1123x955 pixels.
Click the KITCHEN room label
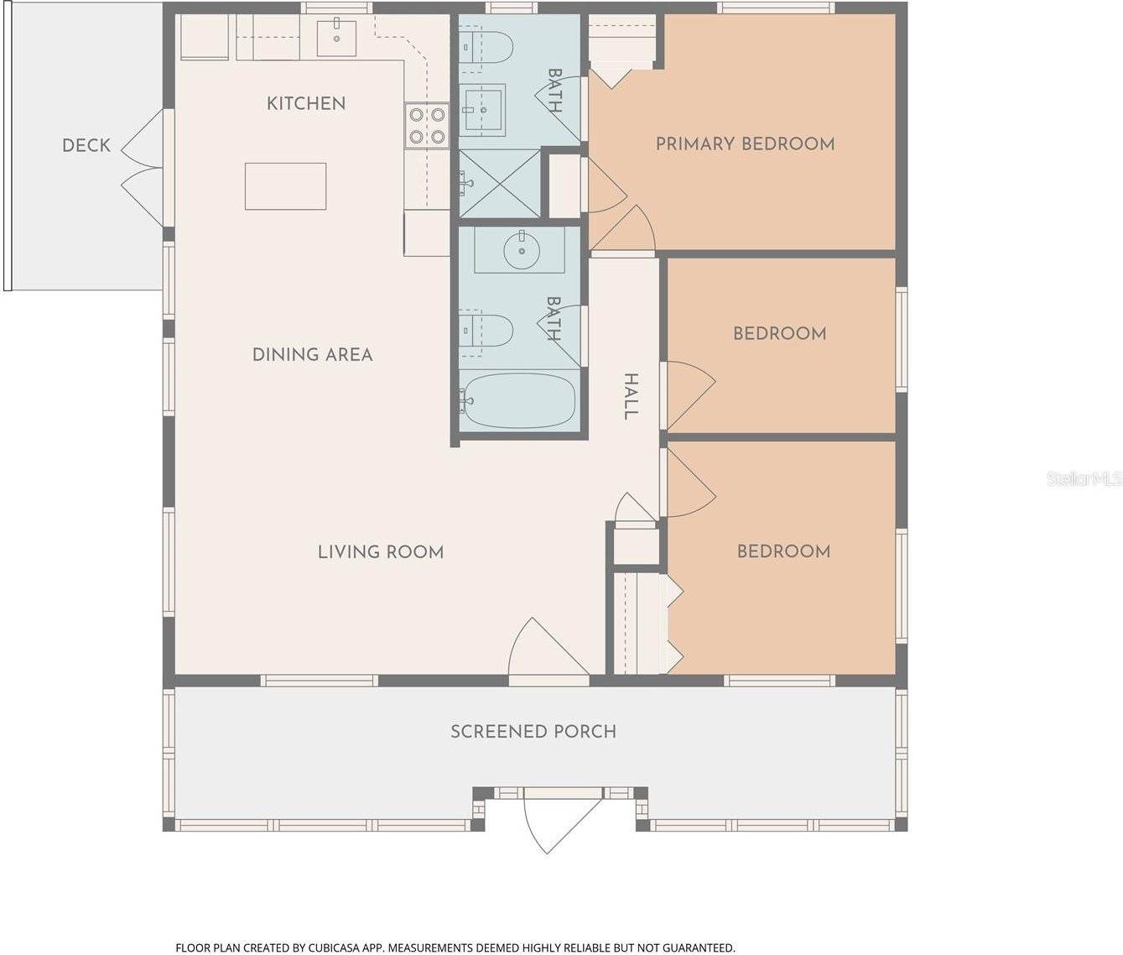tap(306, 103)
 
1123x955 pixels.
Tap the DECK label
tap(86, 145)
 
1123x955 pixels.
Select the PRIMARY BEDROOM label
tap(745, 144)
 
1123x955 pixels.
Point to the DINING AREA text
tap(312, 354)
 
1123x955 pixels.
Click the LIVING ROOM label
tap(381, 551)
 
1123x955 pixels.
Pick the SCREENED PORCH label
tap(533, 731)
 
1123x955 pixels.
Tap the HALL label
tap(630, 396)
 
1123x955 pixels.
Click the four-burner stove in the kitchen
tap(427, 126)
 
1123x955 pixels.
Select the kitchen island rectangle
tap(285, 186)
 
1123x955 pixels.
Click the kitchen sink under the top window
tap(336, 38)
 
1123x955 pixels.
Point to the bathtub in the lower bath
tap(517, 400)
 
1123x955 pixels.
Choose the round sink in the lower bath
tap(522, 251)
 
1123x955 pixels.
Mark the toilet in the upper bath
tap(486, 47)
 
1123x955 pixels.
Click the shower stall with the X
tap(500, 183)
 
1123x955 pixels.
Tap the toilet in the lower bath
tap(486, 330)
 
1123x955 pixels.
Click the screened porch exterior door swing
tap(562, 825)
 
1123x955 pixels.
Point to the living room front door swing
tap(548, 647)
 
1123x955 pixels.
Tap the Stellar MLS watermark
tap(1084, 478)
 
